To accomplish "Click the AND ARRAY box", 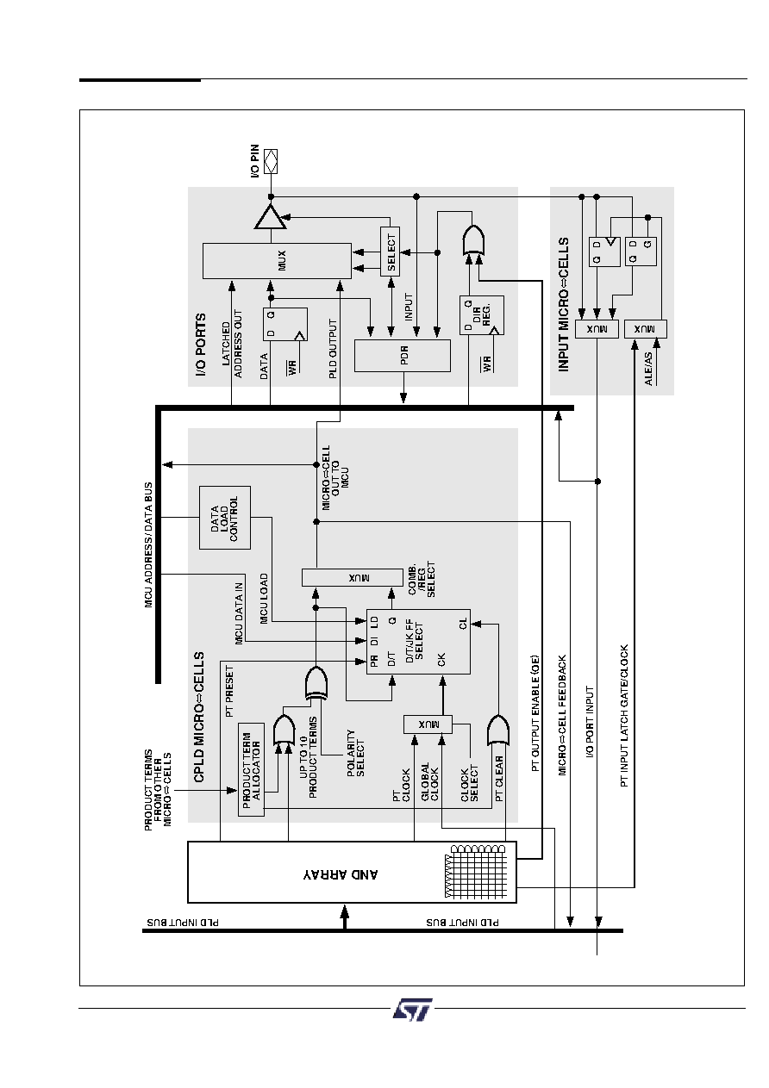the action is click(x=352, y=872).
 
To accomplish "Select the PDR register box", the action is click(x=402, y=356).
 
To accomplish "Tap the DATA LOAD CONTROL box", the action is click(x=224, y=517).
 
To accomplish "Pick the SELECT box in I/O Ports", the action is click(x=390, y=252).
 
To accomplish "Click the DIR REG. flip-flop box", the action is click(x=482, y=314).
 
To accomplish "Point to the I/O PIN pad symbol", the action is click(x=271, y=161).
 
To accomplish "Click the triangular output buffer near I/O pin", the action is click(x=271, y=217).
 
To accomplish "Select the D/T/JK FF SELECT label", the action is click(x=415, y=641).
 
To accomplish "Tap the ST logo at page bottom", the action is click(x=412, y=1010).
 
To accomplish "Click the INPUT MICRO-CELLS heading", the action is click(x=563, y=305).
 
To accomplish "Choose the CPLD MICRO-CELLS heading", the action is click(x=199, y=717).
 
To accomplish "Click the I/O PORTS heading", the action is click(x=201, y=345).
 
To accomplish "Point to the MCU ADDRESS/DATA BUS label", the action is click(x=148, y=544).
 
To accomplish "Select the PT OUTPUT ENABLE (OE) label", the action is click(x=535, y=713).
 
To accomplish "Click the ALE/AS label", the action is click(x=648, y=370).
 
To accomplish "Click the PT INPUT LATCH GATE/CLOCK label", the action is click(x=624, y=716).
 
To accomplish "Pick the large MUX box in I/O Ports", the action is click(x=277, y=261).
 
